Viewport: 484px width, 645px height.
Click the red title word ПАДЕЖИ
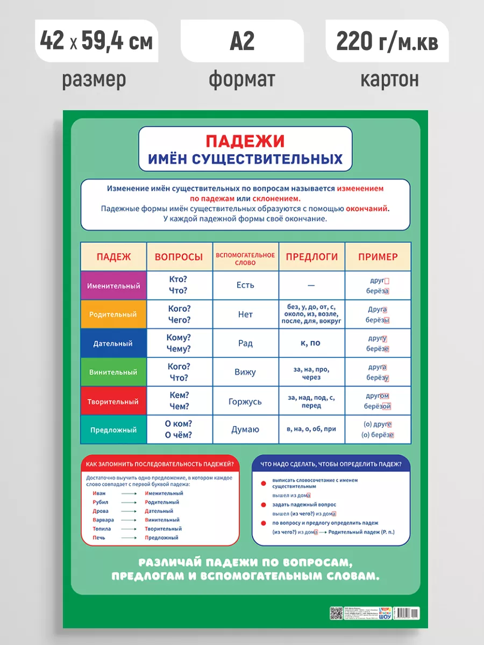coord(245,141)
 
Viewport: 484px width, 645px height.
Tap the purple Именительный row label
coord(113,285)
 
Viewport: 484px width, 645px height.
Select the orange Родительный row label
coord(113,314)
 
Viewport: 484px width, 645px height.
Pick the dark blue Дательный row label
coord(113,343)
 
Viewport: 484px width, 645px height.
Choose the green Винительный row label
coord(113,372)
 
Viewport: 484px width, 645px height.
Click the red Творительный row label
coord(113,401)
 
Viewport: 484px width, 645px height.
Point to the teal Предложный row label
coord(113,430)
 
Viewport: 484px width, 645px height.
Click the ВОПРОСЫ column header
coord(179,257)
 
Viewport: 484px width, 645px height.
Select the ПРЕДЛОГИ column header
coord(312,257)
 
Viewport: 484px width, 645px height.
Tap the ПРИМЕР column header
coord(378,257)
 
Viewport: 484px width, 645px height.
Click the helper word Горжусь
coord(245,402)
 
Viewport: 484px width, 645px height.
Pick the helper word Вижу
coord(245,372)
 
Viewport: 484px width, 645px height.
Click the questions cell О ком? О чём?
coord(179,429)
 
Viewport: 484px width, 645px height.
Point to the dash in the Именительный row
coord(311,286)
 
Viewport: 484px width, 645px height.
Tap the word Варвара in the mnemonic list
coord(103,520)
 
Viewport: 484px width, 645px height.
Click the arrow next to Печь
coord(129,537)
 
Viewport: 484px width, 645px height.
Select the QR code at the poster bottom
coord(337,613)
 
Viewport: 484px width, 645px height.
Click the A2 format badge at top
coord(242,41)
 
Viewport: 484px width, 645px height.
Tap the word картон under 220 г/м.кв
coord(389,80)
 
